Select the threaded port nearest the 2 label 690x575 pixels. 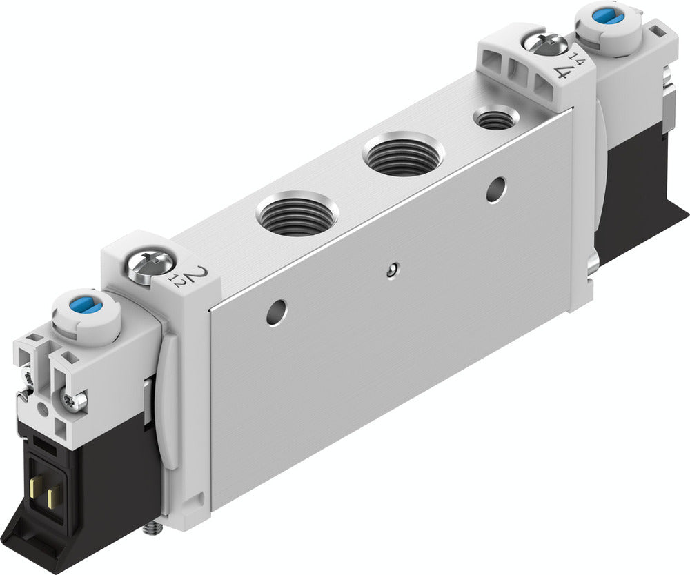pyautogui.click(x=297, y=215)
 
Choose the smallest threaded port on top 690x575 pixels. pyautogui.click(x=495, y=119)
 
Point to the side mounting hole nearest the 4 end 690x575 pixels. pyautogui.click(x=495, y=189)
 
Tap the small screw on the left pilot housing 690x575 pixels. pyautogui.click(x=76, y=399)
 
